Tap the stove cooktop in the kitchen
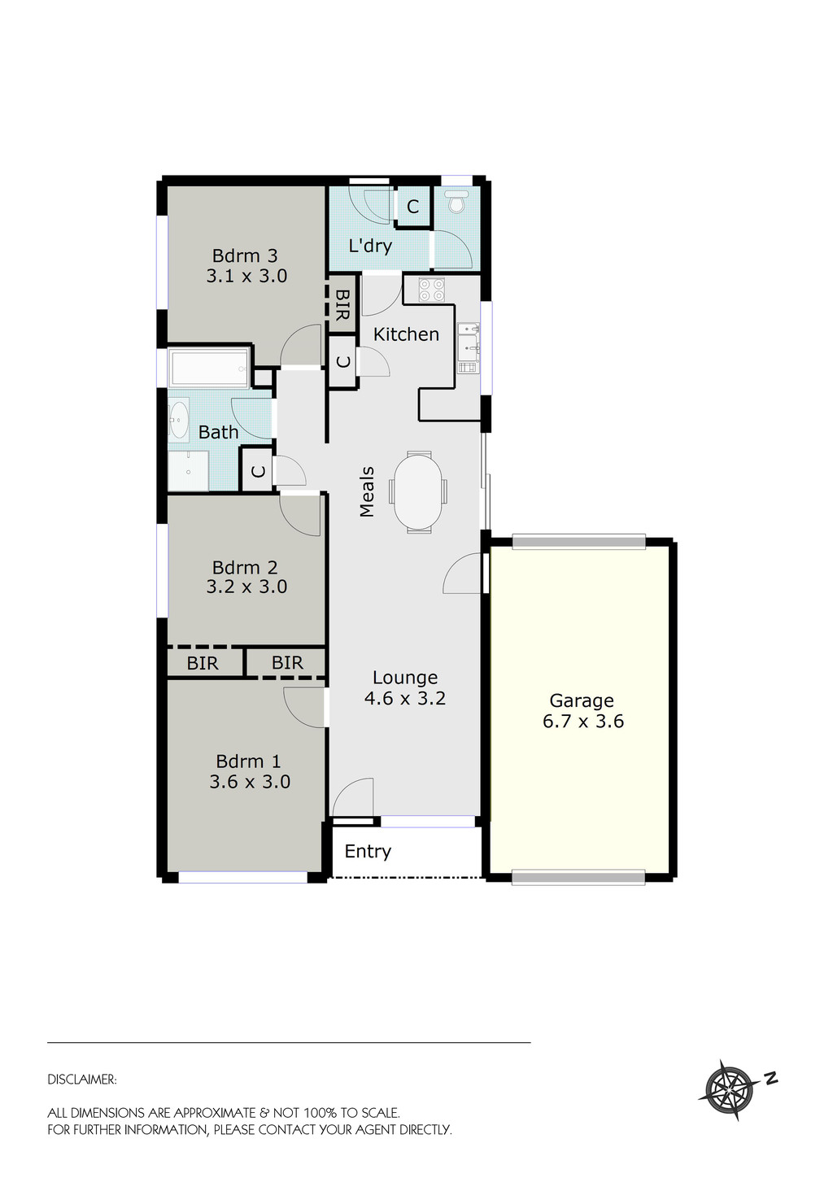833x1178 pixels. [x=431, y=290]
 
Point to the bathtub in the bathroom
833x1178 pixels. [x=208, y=368]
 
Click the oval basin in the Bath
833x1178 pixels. [x=178, y=416]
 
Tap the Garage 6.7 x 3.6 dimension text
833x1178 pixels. [x=583, y=722]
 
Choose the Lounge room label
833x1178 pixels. [x=405, y=678]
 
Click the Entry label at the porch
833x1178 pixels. [x=368, y=852]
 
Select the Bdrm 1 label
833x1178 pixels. [x=248, y=761]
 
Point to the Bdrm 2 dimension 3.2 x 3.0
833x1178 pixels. [x=246, y=587]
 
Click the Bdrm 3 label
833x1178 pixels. [x=245, y=255]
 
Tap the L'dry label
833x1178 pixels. [x=370, y=246]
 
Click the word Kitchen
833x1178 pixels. [x=406, y=334]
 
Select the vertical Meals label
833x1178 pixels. [x=367, y=491]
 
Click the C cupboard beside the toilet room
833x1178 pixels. [x=412, y=207]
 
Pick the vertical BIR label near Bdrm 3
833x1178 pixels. [x=342, y=304]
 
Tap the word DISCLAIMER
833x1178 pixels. [x=82, y=1080]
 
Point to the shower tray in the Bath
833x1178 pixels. [x=189, y=471]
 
